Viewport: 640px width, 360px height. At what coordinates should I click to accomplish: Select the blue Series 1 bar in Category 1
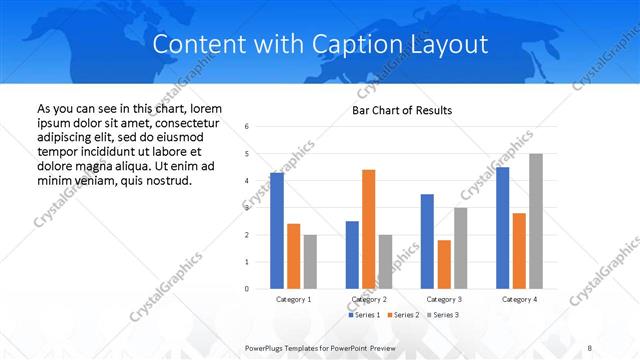pos(277,230)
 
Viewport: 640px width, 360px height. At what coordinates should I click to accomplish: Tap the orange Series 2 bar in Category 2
pos(368,229)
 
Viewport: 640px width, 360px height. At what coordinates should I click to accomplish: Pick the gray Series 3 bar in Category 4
pos(536,221)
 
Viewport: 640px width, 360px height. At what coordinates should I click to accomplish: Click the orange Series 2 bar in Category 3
pos(444,264)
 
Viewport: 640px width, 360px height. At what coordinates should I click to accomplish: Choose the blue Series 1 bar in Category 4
pos(502,228)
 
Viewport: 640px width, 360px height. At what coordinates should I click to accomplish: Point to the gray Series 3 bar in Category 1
pos(310,261)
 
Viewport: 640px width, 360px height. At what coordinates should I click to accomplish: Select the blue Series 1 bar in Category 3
pos(427,241)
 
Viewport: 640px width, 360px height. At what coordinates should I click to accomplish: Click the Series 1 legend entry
pos(365,315)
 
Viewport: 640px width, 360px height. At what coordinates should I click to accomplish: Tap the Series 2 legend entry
pos(405,315)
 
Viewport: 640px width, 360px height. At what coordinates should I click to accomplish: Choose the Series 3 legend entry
pos(445,315)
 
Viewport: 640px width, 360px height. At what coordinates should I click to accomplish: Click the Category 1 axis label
pos(293,299)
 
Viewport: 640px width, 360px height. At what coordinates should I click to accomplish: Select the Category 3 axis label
pos(444,299)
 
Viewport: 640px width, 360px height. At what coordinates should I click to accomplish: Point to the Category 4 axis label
pos(519,299)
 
